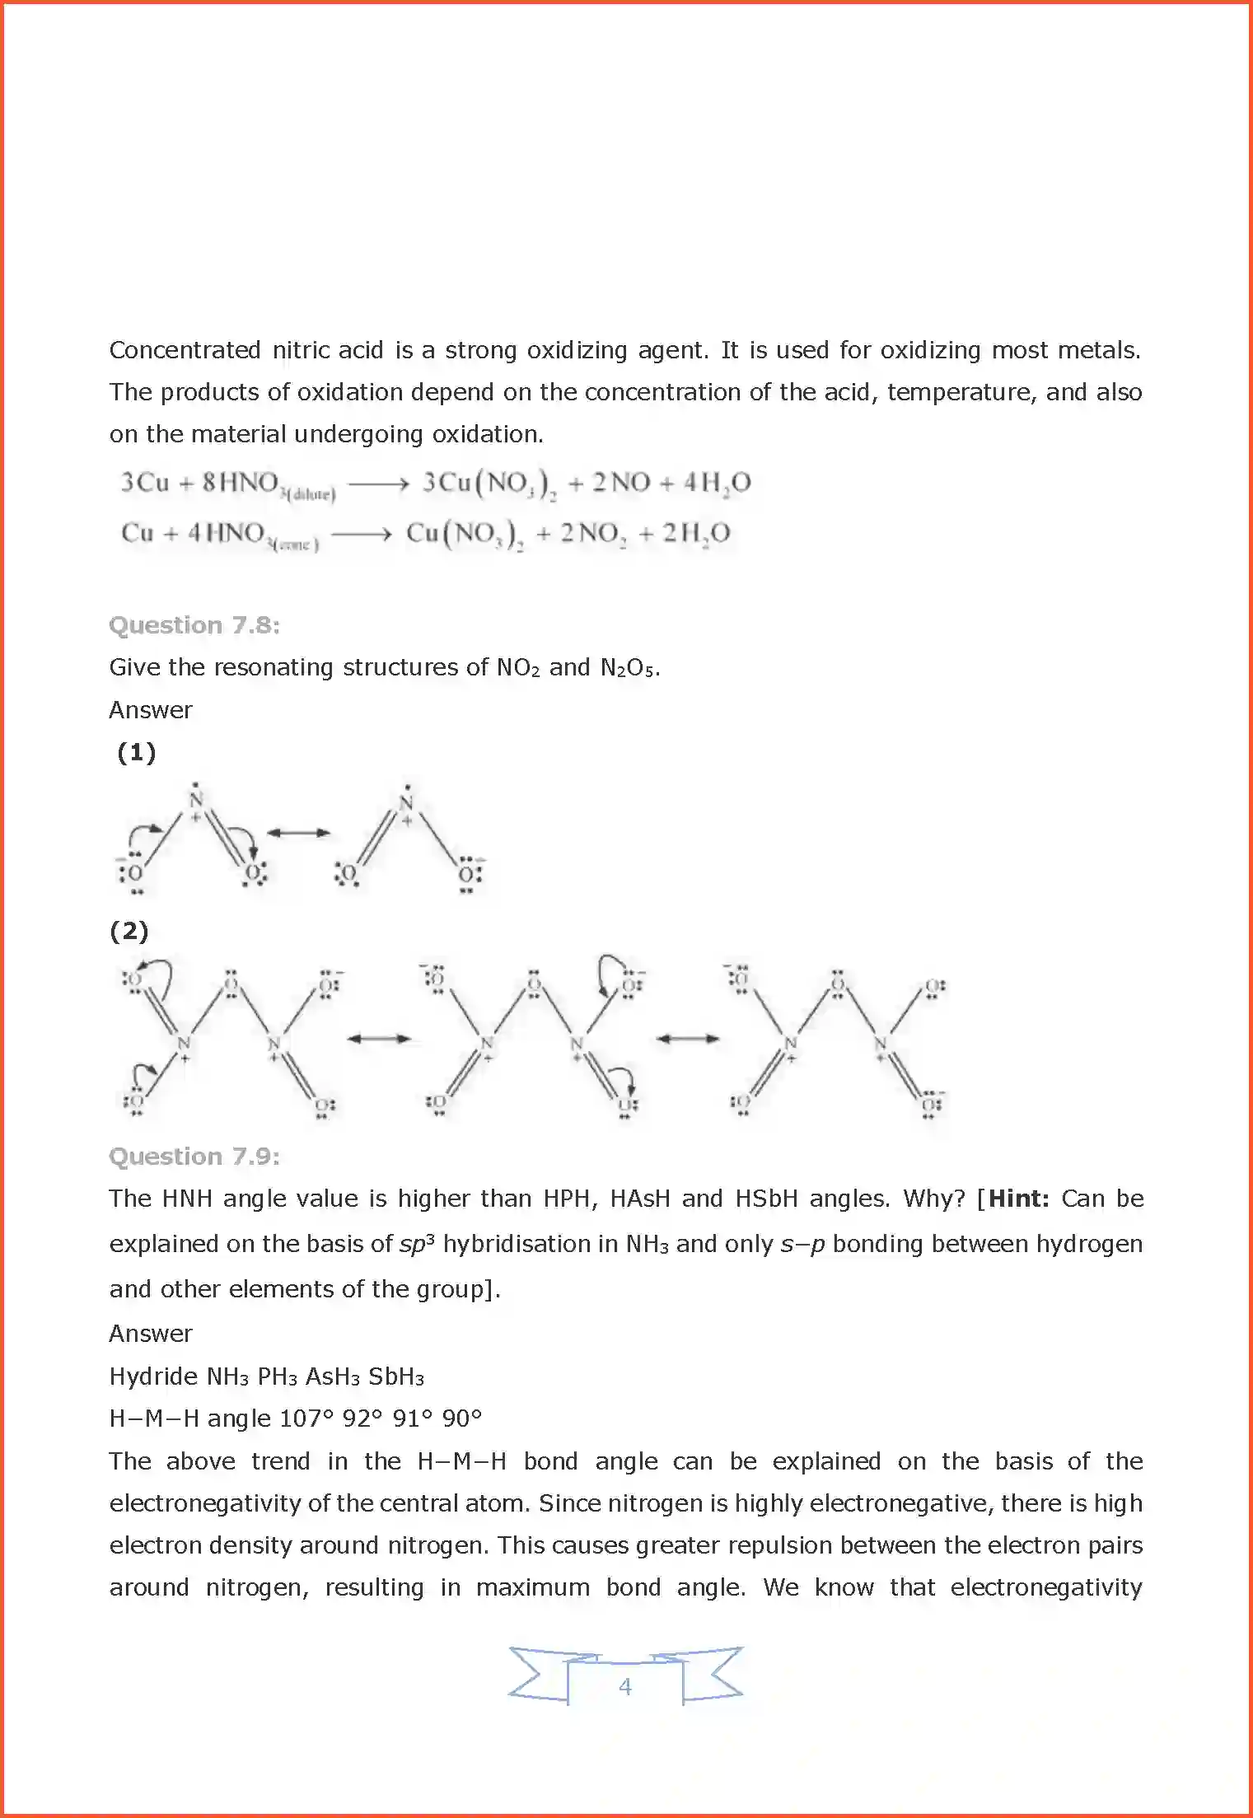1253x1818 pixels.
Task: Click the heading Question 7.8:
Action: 194,625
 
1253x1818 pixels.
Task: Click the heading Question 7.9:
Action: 194,1157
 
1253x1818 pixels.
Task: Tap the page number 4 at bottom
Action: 625,1686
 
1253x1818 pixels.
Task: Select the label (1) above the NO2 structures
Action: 136,752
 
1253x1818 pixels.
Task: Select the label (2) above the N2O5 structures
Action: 129,932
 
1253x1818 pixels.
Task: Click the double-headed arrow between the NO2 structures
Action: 298,833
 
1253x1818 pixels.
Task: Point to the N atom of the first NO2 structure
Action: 196,799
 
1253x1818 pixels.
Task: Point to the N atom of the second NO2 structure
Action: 406,802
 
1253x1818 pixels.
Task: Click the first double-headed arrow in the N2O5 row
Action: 378,1039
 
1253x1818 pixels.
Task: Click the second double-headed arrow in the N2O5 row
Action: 688,1039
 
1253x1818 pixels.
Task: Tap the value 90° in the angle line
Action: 461,1418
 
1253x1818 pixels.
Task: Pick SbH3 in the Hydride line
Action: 395,1376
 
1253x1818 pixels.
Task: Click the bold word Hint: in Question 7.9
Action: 1018,1199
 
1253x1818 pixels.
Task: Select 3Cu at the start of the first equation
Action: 145,482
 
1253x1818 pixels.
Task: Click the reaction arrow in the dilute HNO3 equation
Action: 378,484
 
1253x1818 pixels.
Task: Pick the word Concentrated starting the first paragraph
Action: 185,350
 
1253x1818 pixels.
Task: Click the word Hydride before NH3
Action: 153,1376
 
